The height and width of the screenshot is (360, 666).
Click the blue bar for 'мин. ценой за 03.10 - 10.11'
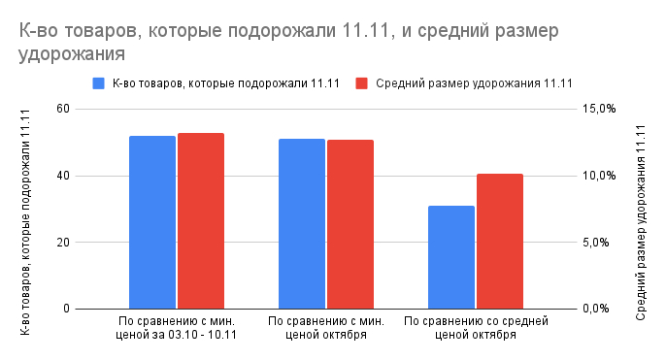(152, 222)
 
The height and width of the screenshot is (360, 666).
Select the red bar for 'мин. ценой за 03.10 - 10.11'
(201, 221)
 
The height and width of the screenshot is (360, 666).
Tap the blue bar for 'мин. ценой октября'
(302, 224)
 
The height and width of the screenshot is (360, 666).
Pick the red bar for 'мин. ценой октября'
(350, 224)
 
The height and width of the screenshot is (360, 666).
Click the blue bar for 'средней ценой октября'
(451, 257)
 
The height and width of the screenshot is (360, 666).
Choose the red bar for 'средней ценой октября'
(500, 242)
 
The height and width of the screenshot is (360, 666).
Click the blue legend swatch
(98, 82)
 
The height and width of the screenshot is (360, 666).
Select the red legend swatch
(362, 82)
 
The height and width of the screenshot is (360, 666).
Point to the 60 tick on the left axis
(63, 109)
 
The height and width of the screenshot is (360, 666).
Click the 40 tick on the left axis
(63, 176)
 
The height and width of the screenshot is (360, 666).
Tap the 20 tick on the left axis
(63, 243)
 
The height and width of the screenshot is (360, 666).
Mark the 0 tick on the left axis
(66, 309)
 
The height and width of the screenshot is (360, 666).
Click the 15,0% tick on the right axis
(599, 109)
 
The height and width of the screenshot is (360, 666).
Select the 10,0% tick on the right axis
(599, 176)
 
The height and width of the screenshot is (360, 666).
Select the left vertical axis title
(26, 209)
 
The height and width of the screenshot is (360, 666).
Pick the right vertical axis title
(641, 209)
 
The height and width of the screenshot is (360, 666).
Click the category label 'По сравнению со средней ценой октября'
(476, 327)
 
